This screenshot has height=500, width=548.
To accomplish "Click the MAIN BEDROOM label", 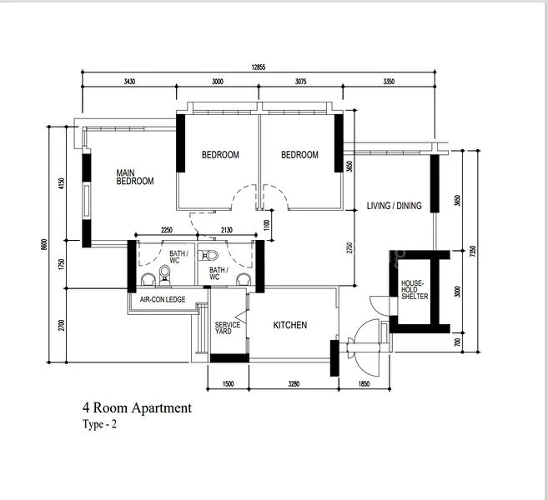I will pyautogui.click(x=134, y=177).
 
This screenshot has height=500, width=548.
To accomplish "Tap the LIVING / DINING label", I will pyautogui.click(x=394, y=206).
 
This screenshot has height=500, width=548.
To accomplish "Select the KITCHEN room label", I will pyautogui.click(x=289, y=325).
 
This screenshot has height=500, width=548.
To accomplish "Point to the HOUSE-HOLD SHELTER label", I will pyautogui.click(x=415, y=290).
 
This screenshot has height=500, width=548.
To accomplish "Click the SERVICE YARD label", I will pyautogui.click(x=227, y=328).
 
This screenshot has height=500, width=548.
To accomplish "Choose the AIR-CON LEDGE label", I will pyautogui.click(x=162, y=299).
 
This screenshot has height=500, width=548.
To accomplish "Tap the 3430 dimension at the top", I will pyautogui.click(x=128, y=82).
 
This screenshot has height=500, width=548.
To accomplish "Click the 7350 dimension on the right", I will pyautogui.click(x=473, y=249).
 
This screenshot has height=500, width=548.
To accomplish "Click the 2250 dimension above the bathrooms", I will pyautogui.click(x=166, y=232).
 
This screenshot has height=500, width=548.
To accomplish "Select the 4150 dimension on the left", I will pyautogui.click(x=61, y=183).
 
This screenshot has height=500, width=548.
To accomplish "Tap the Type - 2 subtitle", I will pyautogui.click(x=101, y=424).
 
